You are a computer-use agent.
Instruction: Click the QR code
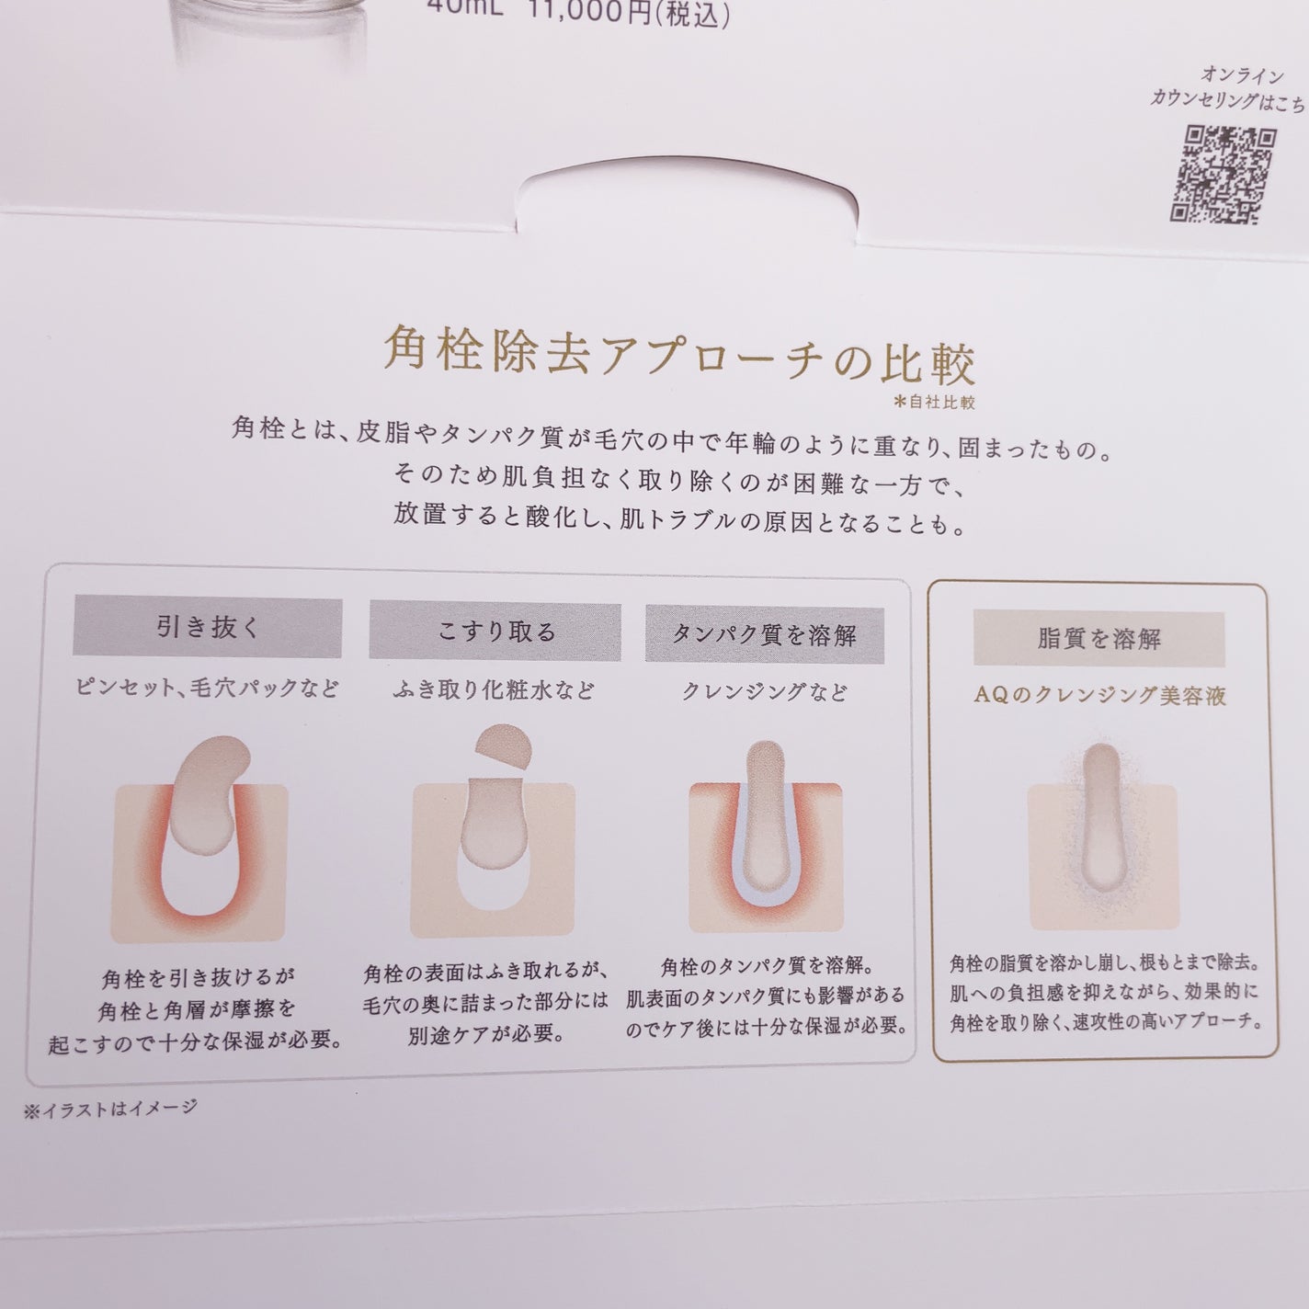1222,176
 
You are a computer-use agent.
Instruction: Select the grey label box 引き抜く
207,626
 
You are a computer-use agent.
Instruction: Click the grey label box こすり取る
495,632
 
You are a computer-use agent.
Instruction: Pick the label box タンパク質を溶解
764,635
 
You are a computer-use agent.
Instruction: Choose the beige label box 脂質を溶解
1098,639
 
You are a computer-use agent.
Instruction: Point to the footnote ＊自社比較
935,402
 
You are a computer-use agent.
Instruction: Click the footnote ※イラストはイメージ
110,1110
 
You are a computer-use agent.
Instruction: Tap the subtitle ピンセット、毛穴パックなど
207,689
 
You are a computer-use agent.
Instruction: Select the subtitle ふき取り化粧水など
494,690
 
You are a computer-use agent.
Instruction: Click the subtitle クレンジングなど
764,692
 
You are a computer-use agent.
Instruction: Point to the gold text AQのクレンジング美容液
1099,696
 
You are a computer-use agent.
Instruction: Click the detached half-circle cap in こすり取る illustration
504,746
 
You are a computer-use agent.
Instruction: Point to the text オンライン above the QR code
1242,74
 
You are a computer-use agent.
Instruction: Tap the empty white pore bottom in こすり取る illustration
492,889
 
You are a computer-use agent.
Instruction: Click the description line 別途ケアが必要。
485,1034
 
